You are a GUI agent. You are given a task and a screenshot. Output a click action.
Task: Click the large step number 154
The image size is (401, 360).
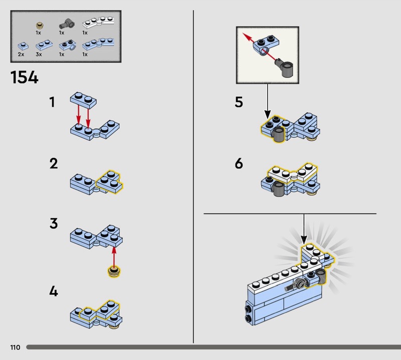click(x=24, y=77)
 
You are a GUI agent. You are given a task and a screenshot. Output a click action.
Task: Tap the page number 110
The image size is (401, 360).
click(x=15, y=347)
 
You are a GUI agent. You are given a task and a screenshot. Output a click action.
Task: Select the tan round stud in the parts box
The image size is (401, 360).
click(x=40, y=26)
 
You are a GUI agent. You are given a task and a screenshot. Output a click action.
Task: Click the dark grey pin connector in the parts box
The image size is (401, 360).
click(x=67, y=24)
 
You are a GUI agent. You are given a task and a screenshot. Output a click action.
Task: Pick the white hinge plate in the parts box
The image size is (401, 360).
click(x=98, y=23)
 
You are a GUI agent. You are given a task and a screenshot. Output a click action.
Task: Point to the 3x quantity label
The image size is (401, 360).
click(x=39, y=54)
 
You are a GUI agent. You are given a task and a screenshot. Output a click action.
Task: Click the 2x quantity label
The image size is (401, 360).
click(x=21, y=54)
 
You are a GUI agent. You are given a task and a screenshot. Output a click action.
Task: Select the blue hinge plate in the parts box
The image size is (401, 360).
click(x=98, y=44)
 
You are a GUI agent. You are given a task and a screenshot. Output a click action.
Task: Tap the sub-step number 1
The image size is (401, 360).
click(x=52, y=102)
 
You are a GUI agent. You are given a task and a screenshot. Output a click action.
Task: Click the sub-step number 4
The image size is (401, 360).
click(x=54, y=291)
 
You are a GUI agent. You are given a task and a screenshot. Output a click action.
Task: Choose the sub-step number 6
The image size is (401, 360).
click(x=239, y=163)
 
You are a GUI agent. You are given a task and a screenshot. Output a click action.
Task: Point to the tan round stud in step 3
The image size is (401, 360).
click(x=114, y=272)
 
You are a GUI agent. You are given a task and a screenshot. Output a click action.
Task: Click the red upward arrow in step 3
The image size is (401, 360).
click(x=114, y=257)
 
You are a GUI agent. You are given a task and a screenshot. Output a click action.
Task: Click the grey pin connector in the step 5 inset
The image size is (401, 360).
click(x=284, y=67)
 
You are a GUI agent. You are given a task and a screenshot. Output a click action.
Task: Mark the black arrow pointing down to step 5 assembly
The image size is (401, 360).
click(x=268, y=101)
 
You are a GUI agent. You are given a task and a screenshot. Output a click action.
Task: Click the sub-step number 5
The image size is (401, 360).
click(x=239, y=102)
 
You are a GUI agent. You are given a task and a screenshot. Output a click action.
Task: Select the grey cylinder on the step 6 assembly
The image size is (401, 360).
click(x=278, y=189)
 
